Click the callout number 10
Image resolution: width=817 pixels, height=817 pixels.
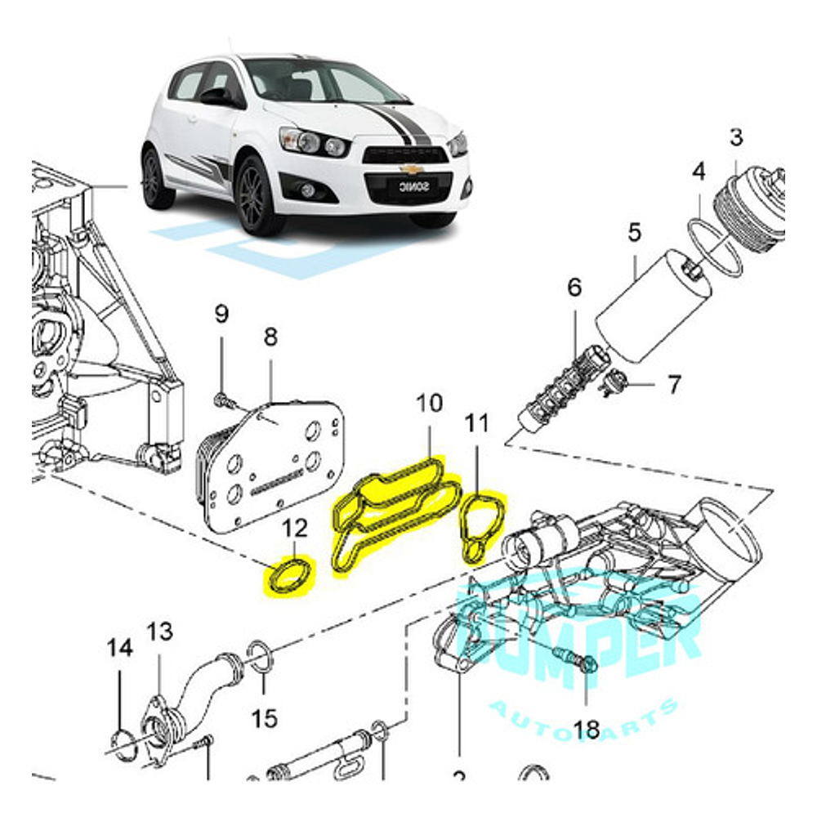pyautogui.click(x=429, y=403)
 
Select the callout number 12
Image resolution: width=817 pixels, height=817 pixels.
pyautogui.click(x=296, y=530)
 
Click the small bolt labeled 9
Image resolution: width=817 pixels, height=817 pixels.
pyautogui.click(x=221, y=400)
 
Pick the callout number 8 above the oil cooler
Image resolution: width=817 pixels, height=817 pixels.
pyautogui.click(x=270, y=337)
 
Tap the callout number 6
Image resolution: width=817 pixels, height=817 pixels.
pyautogui.click(x=574, y=288)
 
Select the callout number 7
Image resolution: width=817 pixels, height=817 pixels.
pyautogui.click(x=673, y=385)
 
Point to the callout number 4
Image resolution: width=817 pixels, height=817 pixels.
pyautogui.click(x=699, y=172)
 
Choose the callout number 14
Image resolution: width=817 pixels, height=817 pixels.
pyautogui.click(x=119, y=649)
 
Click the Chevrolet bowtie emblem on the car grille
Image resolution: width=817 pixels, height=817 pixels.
pyautogui.click(x=411, y=169)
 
